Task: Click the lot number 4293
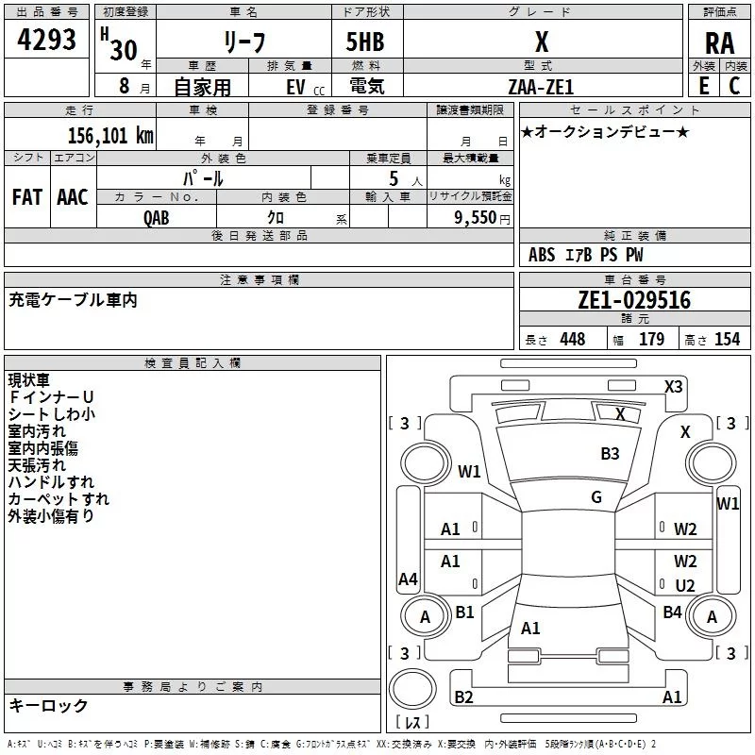pos(46,40)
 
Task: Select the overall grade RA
pos(720,43)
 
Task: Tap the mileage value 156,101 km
pos(110,135)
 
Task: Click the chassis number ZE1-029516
pos(634,300)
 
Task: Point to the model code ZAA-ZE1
pos(541,87)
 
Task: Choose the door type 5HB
pos(365,42)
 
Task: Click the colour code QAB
pos(157,218)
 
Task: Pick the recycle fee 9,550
pos(476,218)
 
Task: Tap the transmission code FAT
pos(27,197)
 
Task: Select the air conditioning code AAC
pos(73,197)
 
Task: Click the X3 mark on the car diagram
pos(673,387)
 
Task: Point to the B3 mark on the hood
pos(610,454)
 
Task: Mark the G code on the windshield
pos(596,497)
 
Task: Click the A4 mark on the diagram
pos(408,579)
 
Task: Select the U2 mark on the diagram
pos(685,585)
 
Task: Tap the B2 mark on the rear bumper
pos(463,696)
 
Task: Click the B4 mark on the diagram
pos(672,612)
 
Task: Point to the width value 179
pos(651,339)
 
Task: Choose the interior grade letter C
pos(734,86)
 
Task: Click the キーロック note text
pos(48,705)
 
